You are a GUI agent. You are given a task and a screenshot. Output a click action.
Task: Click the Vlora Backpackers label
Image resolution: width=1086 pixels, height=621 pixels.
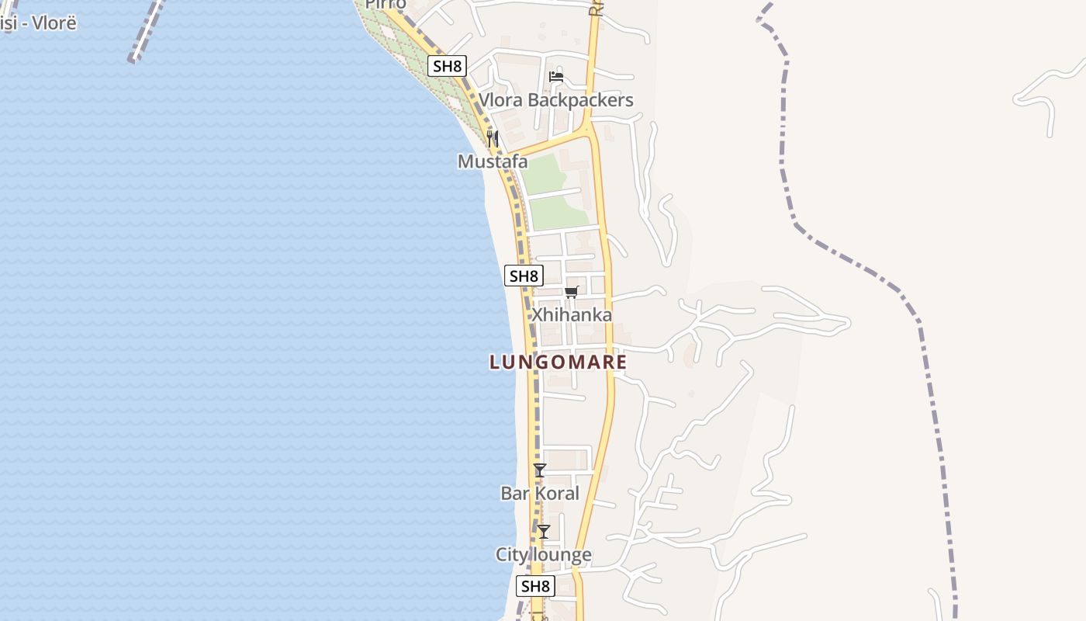tap(555, 100)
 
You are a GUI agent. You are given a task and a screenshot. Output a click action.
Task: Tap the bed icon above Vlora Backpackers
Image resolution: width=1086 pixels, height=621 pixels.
tap(556, 76)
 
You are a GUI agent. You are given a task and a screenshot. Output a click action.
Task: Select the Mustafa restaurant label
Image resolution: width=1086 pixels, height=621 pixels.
tap(493, 161)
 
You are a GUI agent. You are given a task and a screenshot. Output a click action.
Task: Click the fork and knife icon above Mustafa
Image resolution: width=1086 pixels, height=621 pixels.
tap(493, 139)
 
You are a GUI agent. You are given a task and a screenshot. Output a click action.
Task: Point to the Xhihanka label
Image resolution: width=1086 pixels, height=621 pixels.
tap(571, 314)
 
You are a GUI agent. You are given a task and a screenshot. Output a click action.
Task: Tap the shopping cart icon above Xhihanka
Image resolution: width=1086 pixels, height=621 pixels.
tap(572, 292)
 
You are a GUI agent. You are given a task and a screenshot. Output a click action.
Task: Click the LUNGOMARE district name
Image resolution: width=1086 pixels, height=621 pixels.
tap(558, 362)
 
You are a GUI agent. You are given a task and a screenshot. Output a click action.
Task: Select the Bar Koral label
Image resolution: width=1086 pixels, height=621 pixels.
tap(540, 493)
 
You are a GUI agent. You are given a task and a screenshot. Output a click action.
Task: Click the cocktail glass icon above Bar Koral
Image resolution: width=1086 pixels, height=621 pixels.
tap(540, 470)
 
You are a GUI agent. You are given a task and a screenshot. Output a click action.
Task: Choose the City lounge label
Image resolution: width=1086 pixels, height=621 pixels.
tap(544, 554)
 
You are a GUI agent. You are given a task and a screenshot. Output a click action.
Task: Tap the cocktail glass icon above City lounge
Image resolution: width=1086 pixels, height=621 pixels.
tap(544, 532)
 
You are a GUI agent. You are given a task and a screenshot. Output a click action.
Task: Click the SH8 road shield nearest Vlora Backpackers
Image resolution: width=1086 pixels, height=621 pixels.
tap(447, 66)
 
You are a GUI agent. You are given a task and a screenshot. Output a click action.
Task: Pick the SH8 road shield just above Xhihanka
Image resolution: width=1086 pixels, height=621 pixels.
tap(524, 276)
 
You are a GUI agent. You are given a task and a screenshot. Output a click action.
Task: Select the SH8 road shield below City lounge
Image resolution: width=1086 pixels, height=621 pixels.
tap(535, 586)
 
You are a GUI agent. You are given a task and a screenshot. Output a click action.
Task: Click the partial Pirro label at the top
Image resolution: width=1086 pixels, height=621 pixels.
tap(386, 5)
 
